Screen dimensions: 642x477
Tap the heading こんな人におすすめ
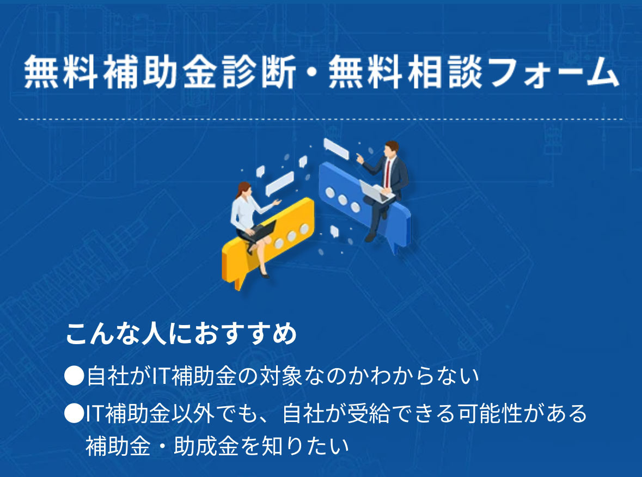tap(181, 333)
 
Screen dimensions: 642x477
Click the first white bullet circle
tap(74, 376)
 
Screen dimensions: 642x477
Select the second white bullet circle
tap(74, 413)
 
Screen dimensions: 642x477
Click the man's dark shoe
tap(370, 237)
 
